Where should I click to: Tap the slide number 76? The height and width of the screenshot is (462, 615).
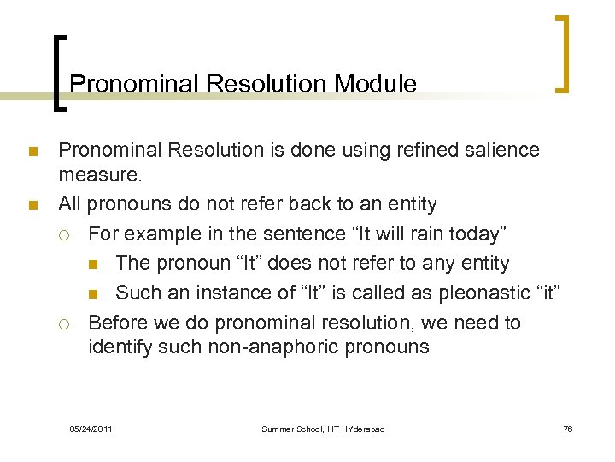pyautogui.click(x=568, y=429)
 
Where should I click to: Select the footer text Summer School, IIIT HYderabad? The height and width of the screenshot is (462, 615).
pyautogui.click(x=323, y=429)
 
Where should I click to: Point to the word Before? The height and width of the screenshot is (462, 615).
pyautogui.click(x=118, y=323)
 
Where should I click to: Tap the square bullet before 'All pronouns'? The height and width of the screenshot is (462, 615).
pyautogui.click(x=32, y=206)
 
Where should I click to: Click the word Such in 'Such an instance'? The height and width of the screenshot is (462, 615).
pyautogui.click(x=137, y=293)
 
